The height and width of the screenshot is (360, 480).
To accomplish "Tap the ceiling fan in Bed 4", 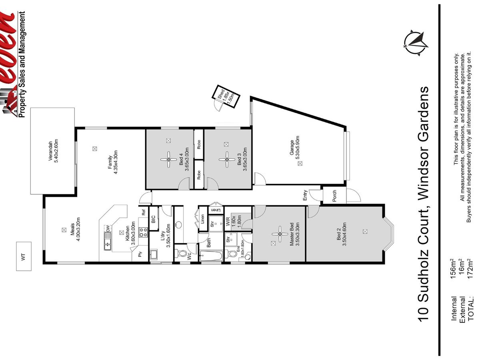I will [x=169, y=159].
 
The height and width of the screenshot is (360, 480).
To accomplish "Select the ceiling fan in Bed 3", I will [x=227, y=159].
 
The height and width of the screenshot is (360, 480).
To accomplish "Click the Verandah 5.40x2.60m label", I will [x=54, y=150].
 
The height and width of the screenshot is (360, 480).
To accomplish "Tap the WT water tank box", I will [x=23, y=256].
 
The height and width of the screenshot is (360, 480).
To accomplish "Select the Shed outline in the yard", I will [x=226, y=98].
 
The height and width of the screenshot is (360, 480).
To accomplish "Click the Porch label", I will [x=334, y=196].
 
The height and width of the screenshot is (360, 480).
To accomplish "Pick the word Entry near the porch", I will [x=305, y=196].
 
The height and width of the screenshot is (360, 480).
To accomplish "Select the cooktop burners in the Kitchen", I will [x=143, y=232].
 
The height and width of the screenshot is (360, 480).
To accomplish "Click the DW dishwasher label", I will [x=108, y=228].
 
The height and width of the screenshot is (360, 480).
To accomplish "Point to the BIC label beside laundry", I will [x=153, y=219].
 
